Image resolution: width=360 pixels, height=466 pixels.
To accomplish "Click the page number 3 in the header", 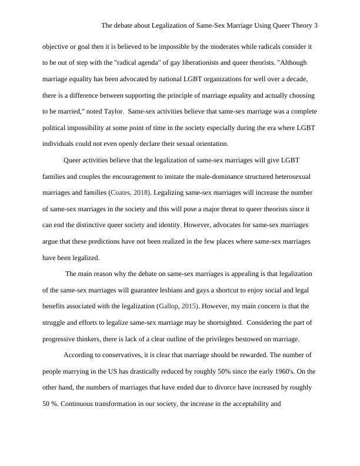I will (x=316, y=26).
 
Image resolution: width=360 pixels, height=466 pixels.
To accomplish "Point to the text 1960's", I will (x=280, y=372).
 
